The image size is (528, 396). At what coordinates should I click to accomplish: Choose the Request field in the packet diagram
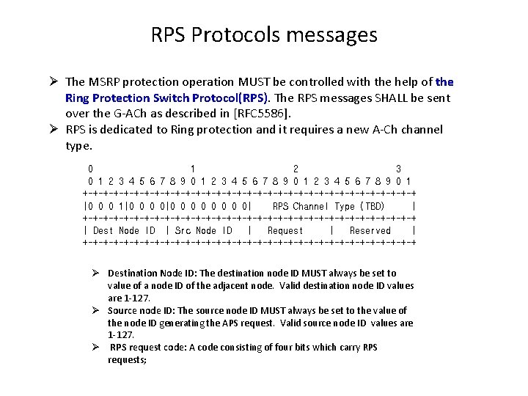point(285,230)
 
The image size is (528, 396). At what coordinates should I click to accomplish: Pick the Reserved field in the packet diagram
point(370,230)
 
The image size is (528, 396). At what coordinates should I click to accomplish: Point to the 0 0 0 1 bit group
point(105,206)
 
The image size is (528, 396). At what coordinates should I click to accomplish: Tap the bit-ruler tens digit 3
point(398,168)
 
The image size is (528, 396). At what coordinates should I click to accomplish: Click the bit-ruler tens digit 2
point(296,168)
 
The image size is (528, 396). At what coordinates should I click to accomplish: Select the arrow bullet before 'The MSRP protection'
point(55,82)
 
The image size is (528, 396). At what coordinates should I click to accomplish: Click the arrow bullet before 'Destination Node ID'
point(96,273)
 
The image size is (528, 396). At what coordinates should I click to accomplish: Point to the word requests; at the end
point(127,359)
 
